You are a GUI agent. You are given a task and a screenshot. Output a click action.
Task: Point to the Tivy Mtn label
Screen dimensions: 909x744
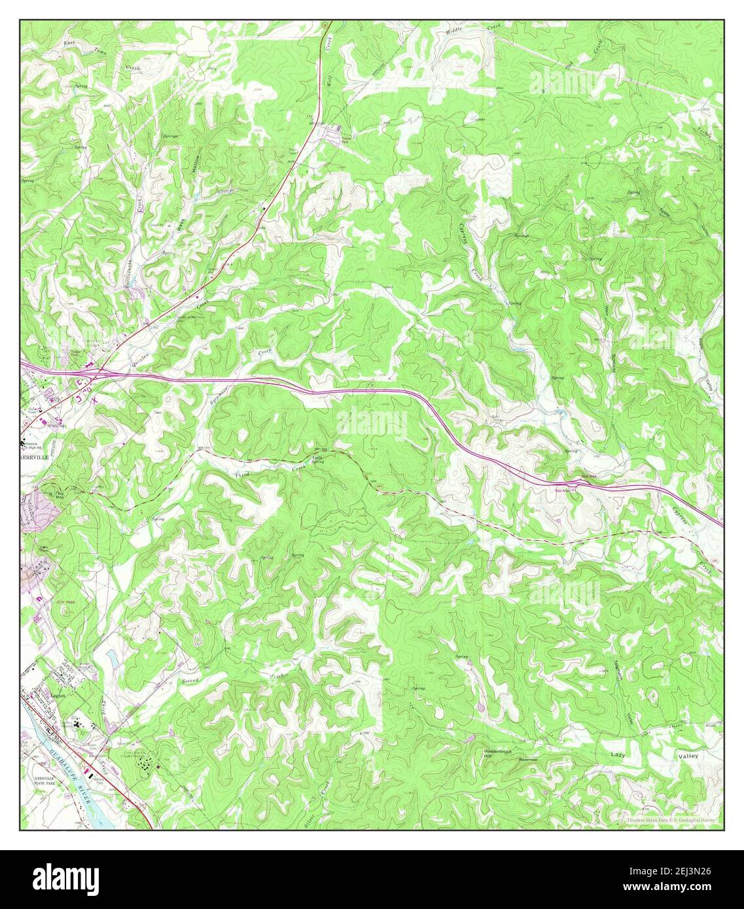point(61,495)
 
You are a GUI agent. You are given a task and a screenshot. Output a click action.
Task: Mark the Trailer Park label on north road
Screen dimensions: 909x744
point(334,139)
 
